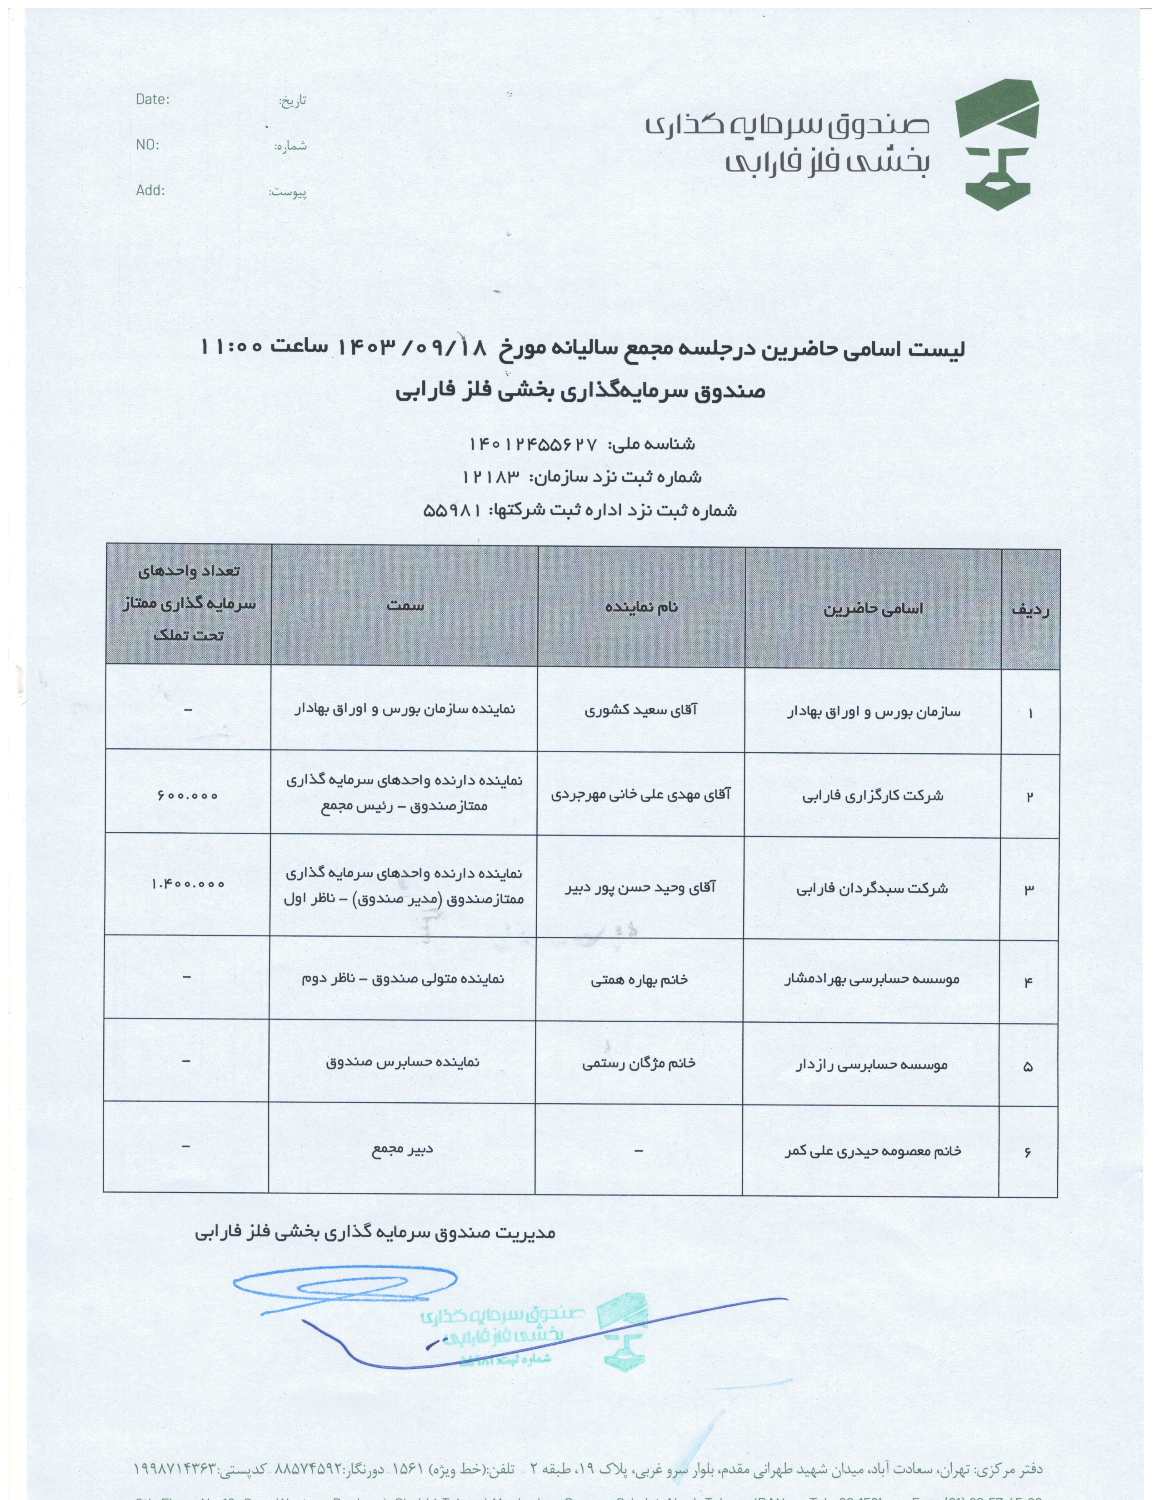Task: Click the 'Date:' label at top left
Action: pyautogui.click(x=152, y=99)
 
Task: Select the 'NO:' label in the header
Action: pyautogui.click(x=147, y=145)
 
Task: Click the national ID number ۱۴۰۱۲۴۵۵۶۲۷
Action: pyautogui.click(x=533, y=445)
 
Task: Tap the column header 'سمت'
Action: pyautogui.click(x=405, y=605)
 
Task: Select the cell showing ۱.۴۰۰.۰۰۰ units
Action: pyautogui.click(x=187, y=884)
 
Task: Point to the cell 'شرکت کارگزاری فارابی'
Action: pyautogui.click(x=873, y=796)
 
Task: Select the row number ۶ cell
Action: pyautogui.click(x=1028, y=1152)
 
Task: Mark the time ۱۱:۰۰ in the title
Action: pyautogui.click(x=231, y=347)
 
